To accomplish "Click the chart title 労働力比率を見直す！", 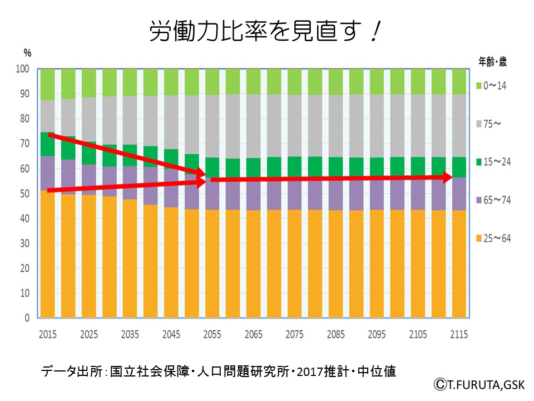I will (265, 32).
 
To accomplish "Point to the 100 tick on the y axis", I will (22, 70).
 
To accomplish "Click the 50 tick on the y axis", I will (24, 194).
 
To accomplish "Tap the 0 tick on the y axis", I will (27, 319).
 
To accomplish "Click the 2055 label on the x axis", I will (212, 334).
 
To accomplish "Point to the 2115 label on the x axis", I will (458, 334).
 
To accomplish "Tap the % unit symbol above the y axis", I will (27, 53).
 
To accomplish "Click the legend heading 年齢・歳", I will (492, 62).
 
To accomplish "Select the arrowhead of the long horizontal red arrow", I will (458, 178).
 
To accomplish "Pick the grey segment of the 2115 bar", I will (458, 126).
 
